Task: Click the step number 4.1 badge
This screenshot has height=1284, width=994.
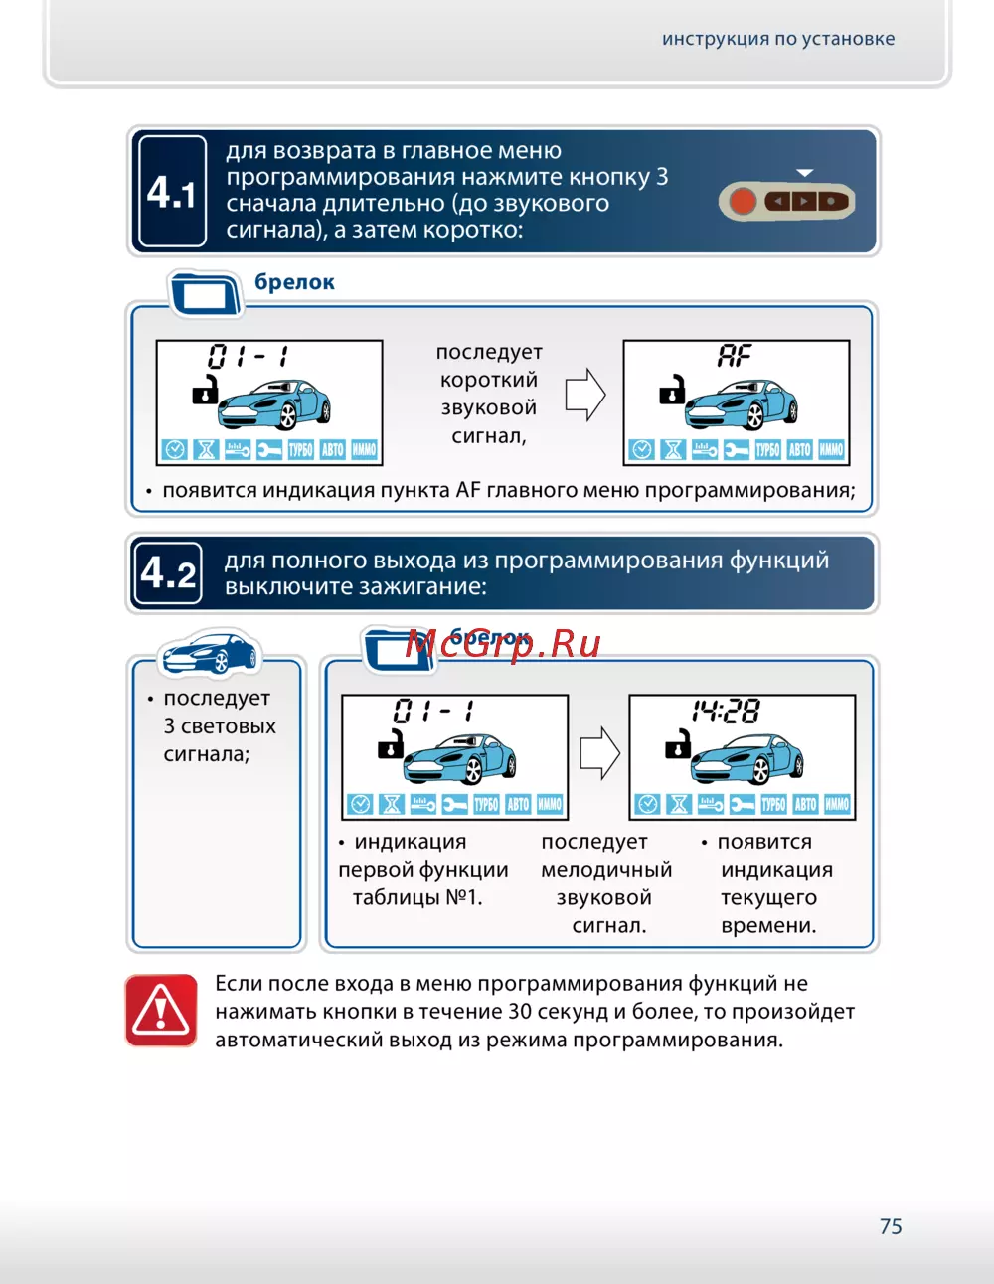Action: click(x=172, y=192)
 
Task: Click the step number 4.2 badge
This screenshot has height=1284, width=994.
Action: click(x=168, y=573)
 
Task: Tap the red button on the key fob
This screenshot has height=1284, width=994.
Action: click(x=743, y=202)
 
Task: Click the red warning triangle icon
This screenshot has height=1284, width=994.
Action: click(x=161, y=1011)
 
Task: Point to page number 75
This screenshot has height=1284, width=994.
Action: click(x=891, y=1226)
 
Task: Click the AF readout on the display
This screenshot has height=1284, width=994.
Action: click(x=735, y=356)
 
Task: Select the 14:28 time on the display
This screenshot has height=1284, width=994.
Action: click(x=727, y=711)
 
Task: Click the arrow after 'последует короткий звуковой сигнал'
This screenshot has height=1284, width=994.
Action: click(x=584, y=395)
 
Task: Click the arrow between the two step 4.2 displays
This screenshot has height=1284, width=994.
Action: click(x=598, y=752)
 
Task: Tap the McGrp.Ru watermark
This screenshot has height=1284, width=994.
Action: click(x=503, y=644)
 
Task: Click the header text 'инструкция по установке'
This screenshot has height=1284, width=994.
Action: click(x=778, y=39)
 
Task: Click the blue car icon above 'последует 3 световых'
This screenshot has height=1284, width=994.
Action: click(x=210, y=654)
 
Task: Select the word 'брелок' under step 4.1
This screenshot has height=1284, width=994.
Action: click(x=294, y=282)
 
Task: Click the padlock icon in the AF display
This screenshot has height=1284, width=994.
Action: click(x=672, y=390)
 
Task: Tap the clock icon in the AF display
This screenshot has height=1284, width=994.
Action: click(x=642, y=450)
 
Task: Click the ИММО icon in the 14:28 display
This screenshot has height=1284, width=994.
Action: click(x=837, y=804)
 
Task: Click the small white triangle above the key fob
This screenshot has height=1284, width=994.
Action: click(x=805, y=173)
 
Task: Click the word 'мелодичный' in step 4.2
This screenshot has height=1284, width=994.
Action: click(x=606, y=870)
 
